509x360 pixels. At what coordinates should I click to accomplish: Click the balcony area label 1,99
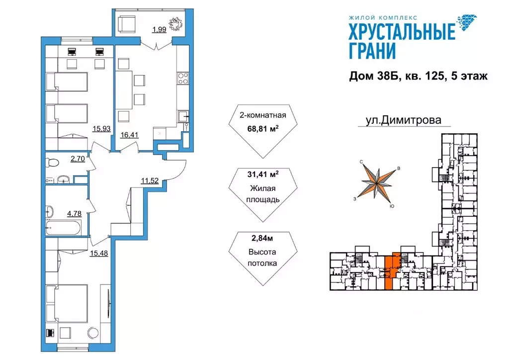tap(160, 29)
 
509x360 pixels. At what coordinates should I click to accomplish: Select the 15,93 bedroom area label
tap(101, 129)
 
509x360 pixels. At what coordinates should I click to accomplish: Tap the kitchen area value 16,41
tap(130, 134)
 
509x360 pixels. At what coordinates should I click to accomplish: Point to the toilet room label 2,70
tap(78, 159)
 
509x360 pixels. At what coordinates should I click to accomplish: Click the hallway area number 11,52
tap(150, 180)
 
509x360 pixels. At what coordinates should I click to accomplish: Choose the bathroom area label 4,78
tap(75, 214)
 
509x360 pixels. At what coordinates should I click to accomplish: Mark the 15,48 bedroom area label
tap(99, 253)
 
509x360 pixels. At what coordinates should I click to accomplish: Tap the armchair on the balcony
tap(126, 24)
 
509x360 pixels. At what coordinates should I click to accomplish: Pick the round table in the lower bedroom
tap(93, 333)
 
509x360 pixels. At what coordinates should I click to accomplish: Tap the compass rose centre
tap(377, 183)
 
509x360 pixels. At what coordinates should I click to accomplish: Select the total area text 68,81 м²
tap(263, 129)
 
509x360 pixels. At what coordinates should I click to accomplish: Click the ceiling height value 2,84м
tap(262, 238)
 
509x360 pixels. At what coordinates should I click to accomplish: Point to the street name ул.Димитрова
tap(404, 120)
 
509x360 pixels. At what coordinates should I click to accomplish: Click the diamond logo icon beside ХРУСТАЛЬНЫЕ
tap(466, 23)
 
